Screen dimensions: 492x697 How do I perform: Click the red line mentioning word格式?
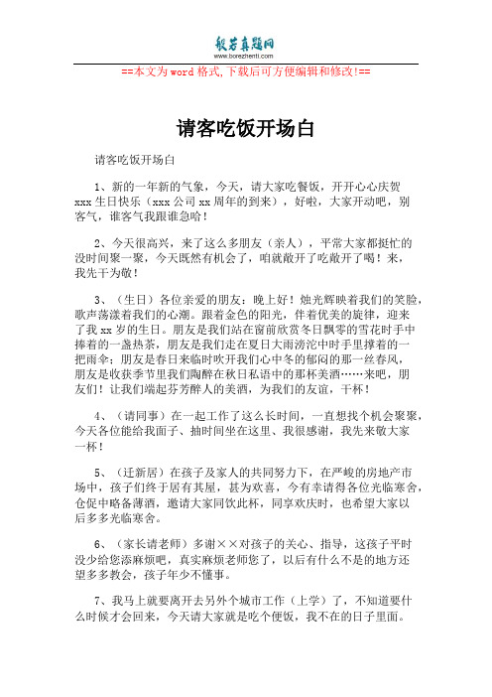tap(245, 72)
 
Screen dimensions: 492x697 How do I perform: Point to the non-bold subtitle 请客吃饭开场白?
tap(134, 158)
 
